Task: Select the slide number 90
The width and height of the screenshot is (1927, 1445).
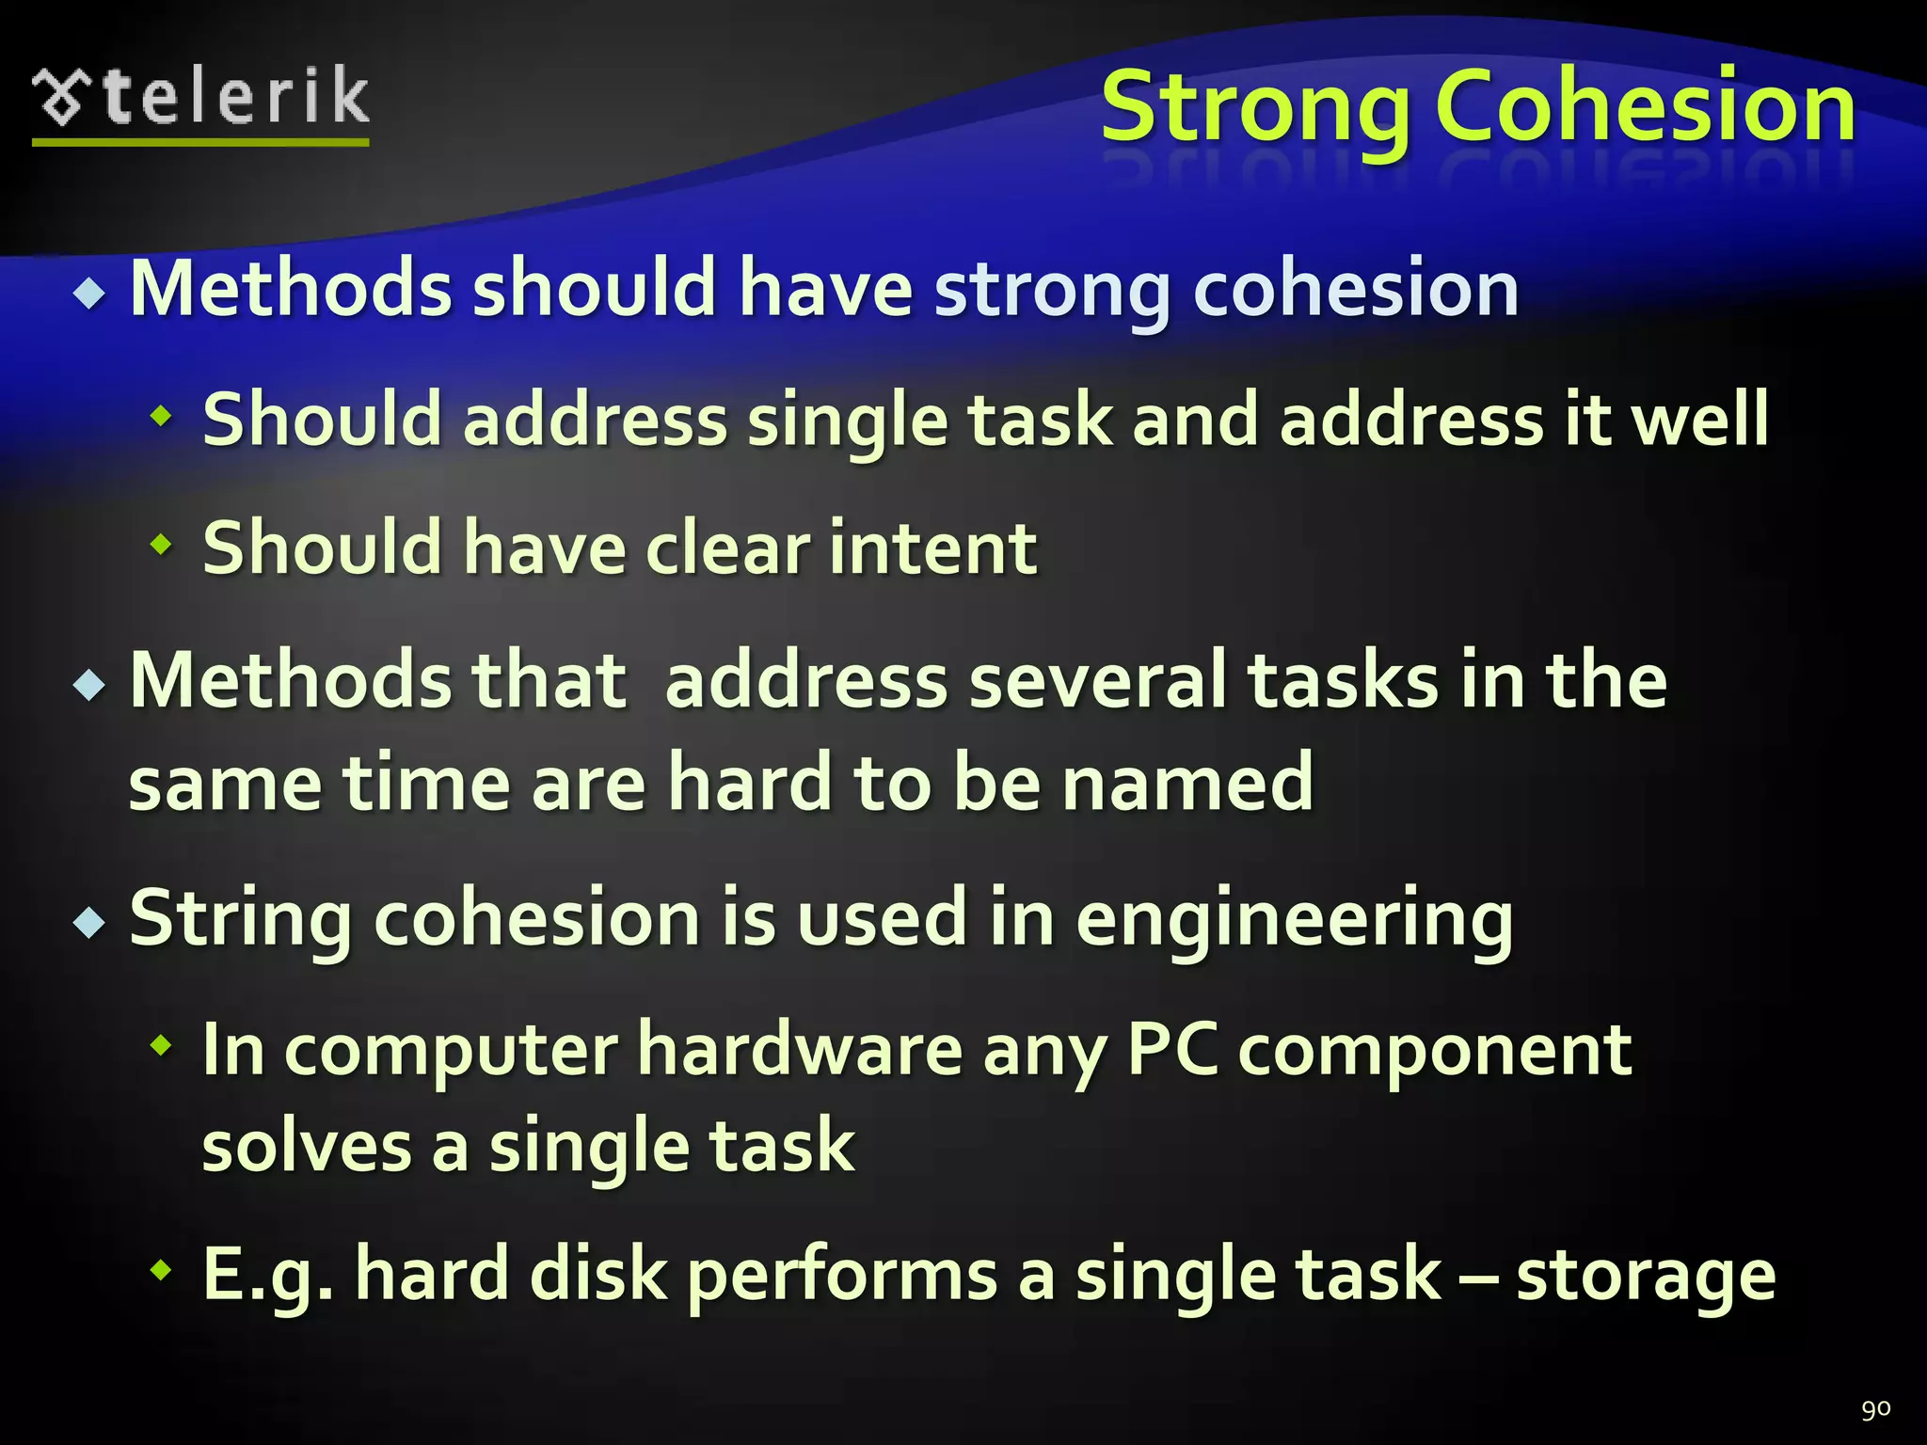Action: click(x=1875, y=1408)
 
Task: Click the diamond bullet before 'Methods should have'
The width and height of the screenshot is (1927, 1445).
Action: click(x=90, y=295)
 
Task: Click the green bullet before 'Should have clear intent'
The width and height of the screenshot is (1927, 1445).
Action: click(x=162, y=544)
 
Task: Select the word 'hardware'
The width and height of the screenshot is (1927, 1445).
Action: click(x=799, y=1049)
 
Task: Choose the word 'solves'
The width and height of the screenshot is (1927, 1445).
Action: click(x=306, y=1147)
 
